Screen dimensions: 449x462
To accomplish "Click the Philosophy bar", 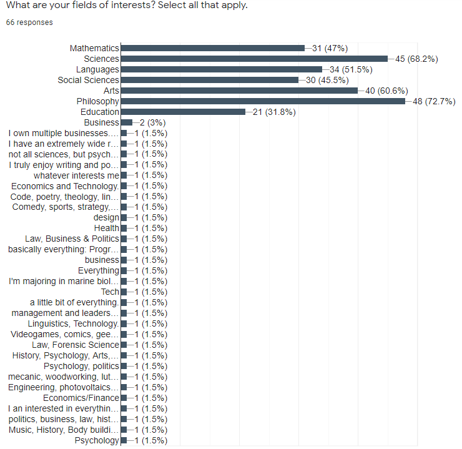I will pyautogui.click(x=262, y=101).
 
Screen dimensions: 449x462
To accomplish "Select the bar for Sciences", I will pyautogui.click(x=253, y=59).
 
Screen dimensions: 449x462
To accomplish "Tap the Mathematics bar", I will pyautogui.click(x=212, y=48).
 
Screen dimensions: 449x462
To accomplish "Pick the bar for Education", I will pyautogui.click(x=182, y=112).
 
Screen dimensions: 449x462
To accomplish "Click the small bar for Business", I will pyautogui.click(x=126, y=122).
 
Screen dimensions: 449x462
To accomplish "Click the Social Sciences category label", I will pyautogui.click(x=88, y=80).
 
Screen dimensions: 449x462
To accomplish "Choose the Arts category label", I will pyautogui.click(x=111, y=91).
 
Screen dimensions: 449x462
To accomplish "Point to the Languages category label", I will pyautogui.click(x=97, y=69).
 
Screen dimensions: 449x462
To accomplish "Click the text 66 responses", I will pyautogui.click(x=29, y=22).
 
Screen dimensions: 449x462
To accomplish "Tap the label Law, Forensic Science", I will pyautogui.click(x=76, y=345).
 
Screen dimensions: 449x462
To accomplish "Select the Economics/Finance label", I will pyautogui.click(x=81, y=398).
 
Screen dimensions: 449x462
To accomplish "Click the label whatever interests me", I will pyautogui.click(x=76, y=175).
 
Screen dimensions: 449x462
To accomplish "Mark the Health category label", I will pyautogui.click(x=106, y=228).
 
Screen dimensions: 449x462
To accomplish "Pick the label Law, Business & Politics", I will pyautogui.click(x=72, y=239).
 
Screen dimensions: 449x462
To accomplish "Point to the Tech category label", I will pyautogui.click(x=110, y=292).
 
